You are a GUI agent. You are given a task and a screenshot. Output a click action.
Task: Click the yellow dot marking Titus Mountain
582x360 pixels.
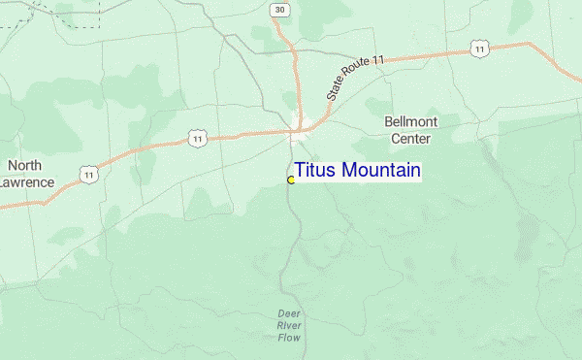point(291,180)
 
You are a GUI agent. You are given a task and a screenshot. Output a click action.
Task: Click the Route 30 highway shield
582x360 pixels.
point(280,9)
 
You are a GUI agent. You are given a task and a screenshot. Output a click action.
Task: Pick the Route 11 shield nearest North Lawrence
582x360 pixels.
point(89,174)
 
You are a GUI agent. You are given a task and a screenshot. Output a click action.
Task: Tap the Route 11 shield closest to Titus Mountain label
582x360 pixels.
point(197,140)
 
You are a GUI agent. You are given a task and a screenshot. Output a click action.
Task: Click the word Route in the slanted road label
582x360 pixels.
point(358,73)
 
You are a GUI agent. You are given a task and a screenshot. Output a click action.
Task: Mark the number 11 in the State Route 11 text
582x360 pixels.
point(377,60)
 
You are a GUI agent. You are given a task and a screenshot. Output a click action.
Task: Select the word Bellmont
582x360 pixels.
point(411,121)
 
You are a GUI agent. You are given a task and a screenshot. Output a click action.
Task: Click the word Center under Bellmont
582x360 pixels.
point(410,138)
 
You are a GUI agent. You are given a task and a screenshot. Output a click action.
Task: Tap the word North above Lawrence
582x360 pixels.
point(24,165)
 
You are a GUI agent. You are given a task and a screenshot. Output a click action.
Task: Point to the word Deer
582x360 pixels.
point(289,314)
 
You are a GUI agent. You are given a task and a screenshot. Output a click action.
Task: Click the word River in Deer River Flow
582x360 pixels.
point(289,326)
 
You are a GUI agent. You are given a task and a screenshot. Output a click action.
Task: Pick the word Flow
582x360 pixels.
point(289,338)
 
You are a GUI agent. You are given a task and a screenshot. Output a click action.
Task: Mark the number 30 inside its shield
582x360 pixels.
point(280,9)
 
